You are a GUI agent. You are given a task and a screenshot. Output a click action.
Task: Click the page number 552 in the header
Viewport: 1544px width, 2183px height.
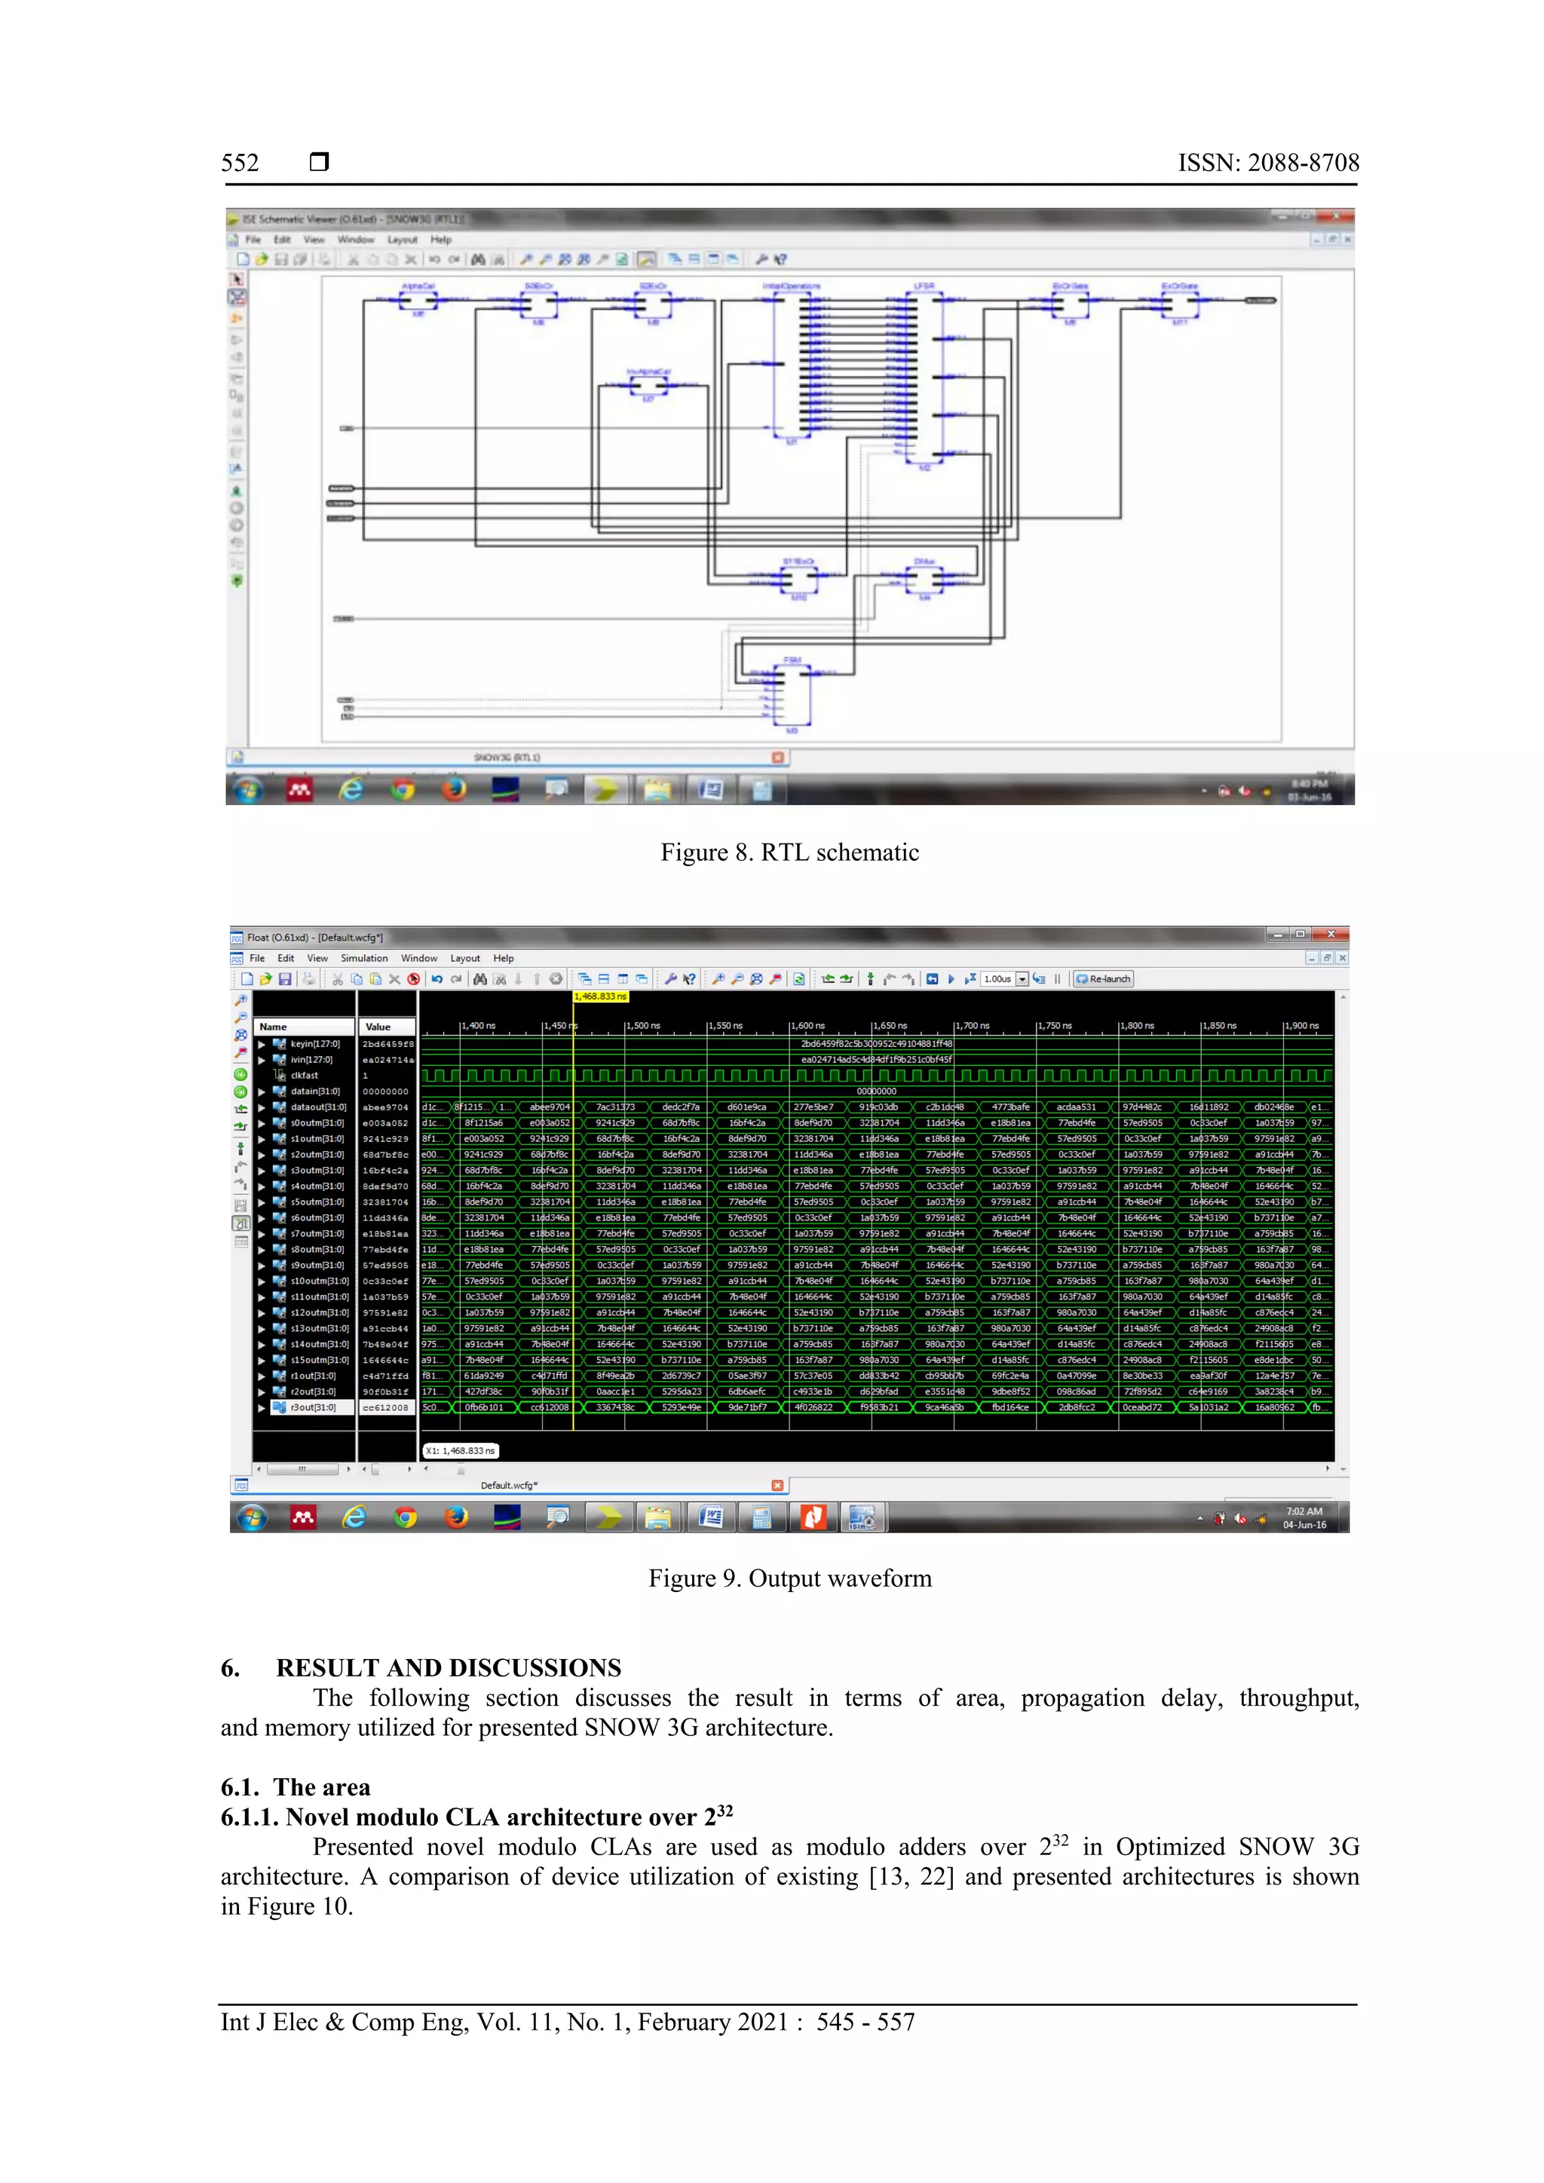click(x=240, y=163)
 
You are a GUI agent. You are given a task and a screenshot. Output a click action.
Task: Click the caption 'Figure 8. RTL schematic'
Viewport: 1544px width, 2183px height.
click(x=789, y=852)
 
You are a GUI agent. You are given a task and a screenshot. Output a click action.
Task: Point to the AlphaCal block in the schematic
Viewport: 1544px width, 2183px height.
click(x=418, y=302)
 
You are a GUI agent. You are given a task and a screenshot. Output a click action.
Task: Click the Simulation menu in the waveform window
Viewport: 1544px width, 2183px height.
click(x=364, y=958)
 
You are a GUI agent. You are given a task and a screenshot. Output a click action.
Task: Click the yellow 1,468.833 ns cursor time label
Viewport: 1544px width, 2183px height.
click(x=600, y=997)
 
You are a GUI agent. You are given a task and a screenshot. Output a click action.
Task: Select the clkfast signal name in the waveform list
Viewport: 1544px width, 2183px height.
click(x=305, y=1076)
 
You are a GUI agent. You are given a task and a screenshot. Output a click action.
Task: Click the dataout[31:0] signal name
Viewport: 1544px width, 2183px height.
click(x=318, y=1107)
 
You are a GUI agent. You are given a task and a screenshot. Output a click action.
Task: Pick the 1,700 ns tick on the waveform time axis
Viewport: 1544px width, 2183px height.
click(x=973, y=1026)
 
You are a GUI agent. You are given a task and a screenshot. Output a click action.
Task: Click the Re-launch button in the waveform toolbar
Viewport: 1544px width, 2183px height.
click(x=1104, y=978)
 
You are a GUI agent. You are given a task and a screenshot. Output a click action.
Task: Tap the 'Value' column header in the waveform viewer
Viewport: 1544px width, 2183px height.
click(x=378, y=1027)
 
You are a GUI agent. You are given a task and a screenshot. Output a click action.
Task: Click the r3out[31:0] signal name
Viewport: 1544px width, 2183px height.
click(x=313, y=1407)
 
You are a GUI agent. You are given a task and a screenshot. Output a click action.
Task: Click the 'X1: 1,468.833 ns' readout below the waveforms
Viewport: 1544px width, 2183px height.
click(x=460, y=1451)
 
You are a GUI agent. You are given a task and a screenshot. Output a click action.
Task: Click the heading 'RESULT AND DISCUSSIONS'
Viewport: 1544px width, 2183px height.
click(x=448, y=1667)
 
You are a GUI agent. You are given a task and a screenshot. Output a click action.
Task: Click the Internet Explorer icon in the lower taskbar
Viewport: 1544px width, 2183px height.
click(x=354, y=1517)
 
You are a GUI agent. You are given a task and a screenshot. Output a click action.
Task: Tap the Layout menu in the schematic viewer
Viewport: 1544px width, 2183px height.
click(x=402, y=240)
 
